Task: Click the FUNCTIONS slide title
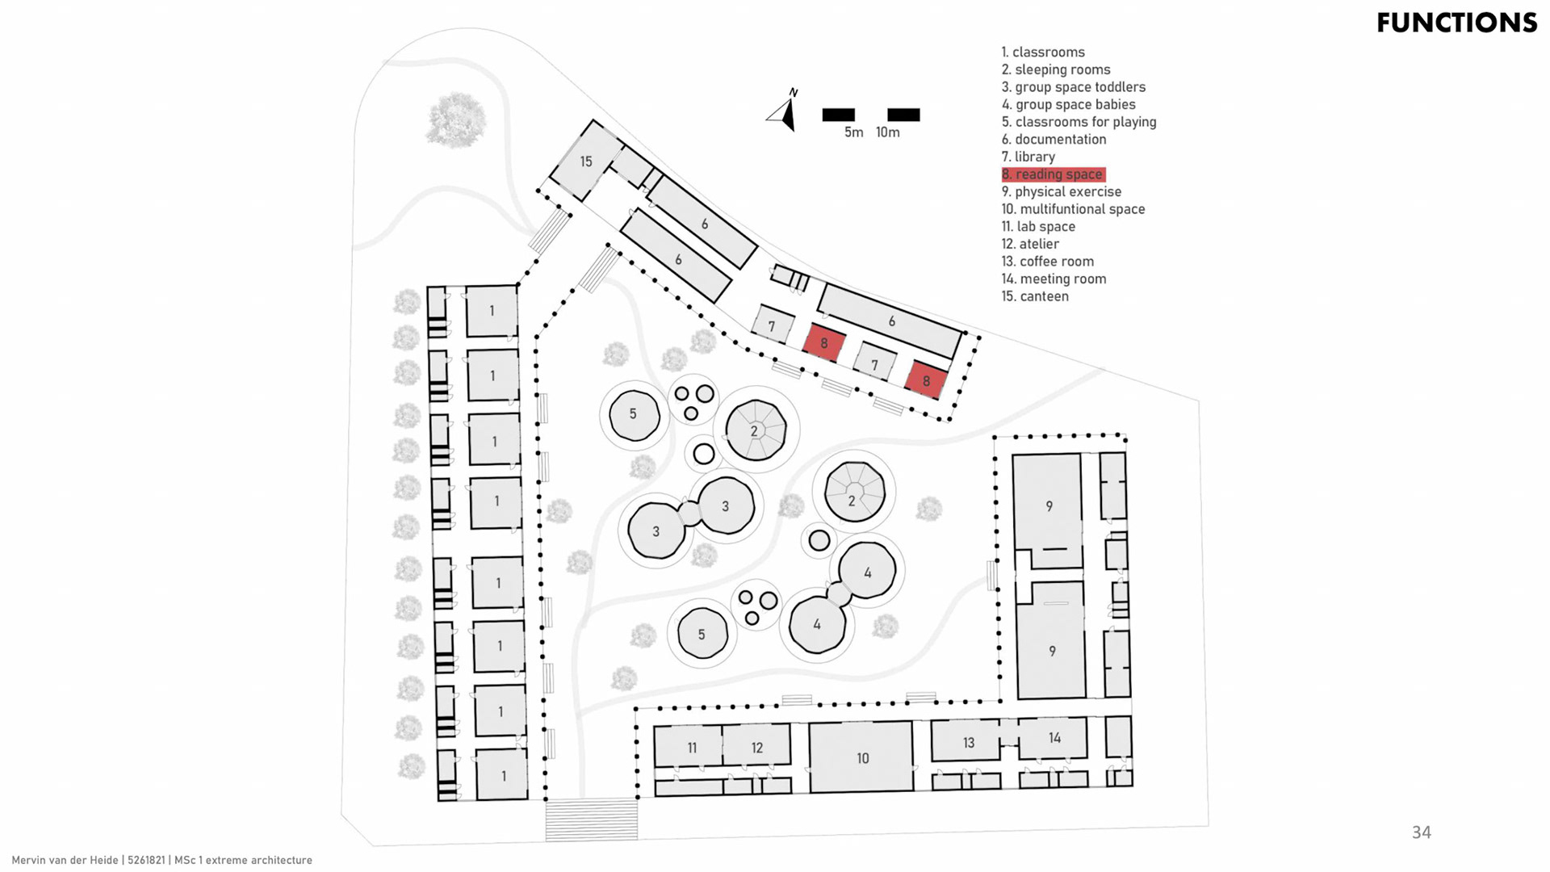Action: coord(1456,23)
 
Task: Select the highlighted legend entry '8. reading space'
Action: coord(1054,174)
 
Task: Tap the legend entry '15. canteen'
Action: coord(1035,296)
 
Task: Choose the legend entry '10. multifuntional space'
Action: coord(1073,209)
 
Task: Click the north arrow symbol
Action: coord(784,111)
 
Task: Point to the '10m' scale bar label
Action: coord(887,132)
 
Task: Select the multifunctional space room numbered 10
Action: coord(862,757)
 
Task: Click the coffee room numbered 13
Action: coord(968,742)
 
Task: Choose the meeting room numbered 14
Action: coord(1054,738)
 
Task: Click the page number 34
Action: coord(1421,832)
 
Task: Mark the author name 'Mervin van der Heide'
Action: coord(65,861)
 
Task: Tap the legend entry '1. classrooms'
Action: coord(1043,52)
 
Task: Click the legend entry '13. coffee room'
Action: coord(1048,262)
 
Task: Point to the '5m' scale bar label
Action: coord(853,132)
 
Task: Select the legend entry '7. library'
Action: coord(1028,157)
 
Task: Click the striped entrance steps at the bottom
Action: coord(592,819)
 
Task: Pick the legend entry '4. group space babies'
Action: coord(1068,105)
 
